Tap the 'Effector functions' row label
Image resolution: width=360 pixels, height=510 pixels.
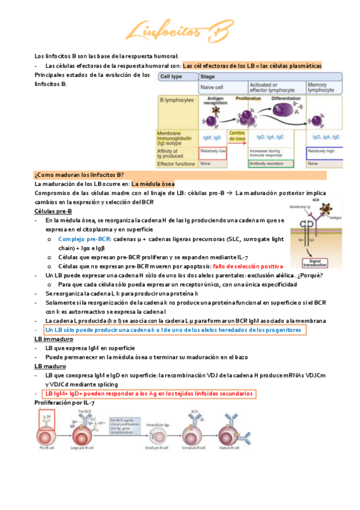pos(175,163)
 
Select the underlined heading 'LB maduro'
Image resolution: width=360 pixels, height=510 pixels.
pos(50,366)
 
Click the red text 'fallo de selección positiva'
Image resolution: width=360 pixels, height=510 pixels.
pos(247,266)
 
